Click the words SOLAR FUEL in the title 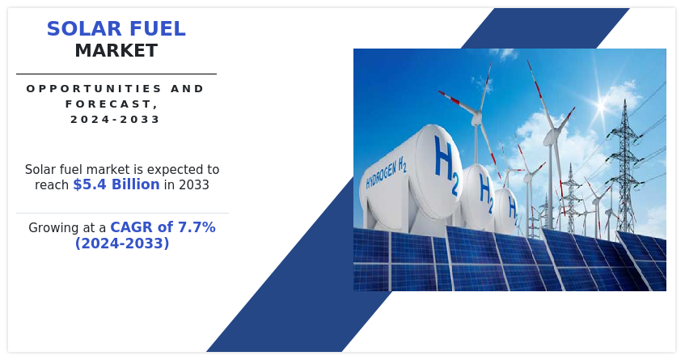(x=116, y=29)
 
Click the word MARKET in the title (x=116, y=51)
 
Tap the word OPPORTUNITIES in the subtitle (x=94, y=89)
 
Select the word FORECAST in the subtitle (x=109, y=104)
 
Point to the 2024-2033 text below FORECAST (x=116, y=119)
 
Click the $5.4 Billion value (x=116, y=184)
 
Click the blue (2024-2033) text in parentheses (x=122, y=243)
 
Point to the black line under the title (x=116, y=74)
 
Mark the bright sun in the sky (x=602, y=106)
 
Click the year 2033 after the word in (x=193, y=184)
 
